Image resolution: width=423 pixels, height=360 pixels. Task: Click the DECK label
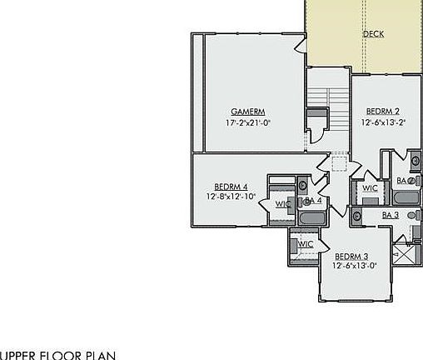tap(373, 34)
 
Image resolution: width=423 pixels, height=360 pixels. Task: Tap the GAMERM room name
tap(248, 112)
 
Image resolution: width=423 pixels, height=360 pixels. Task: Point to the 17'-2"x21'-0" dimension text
tap(248, 122)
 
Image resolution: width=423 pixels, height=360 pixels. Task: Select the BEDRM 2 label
tap(383, 112)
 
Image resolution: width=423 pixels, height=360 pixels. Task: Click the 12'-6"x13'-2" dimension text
tap(383, 122)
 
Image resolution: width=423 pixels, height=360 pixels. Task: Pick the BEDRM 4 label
tap(231, 187)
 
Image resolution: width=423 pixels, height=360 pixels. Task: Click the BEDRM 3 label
tap(356, 256)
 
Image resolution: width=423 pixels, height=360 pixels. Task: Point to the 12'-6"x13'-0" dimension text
tap(356, 267)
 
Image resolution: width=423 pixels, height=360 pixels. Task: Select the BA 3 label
tap(391, 215)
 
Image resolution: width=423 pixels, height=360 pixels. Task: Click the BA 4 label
tap(313, 201)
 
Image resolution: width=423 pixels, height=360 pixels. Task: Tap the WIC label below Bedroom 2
tap(370, 188)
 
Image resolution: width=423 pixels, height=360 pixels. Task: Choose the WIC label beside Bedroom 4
tap(283, 203)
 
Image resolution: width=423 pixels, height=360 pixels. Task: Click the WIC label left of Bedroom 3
tap(306, 244)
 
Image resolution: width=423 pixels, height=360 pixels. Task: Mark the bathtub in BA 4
tap(312, 218)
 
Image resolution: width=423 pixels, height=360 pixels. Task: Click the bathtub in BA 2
tap(408, 199)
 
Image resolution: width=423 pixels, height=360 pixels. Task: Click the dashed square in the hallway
tap(339, 162)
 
